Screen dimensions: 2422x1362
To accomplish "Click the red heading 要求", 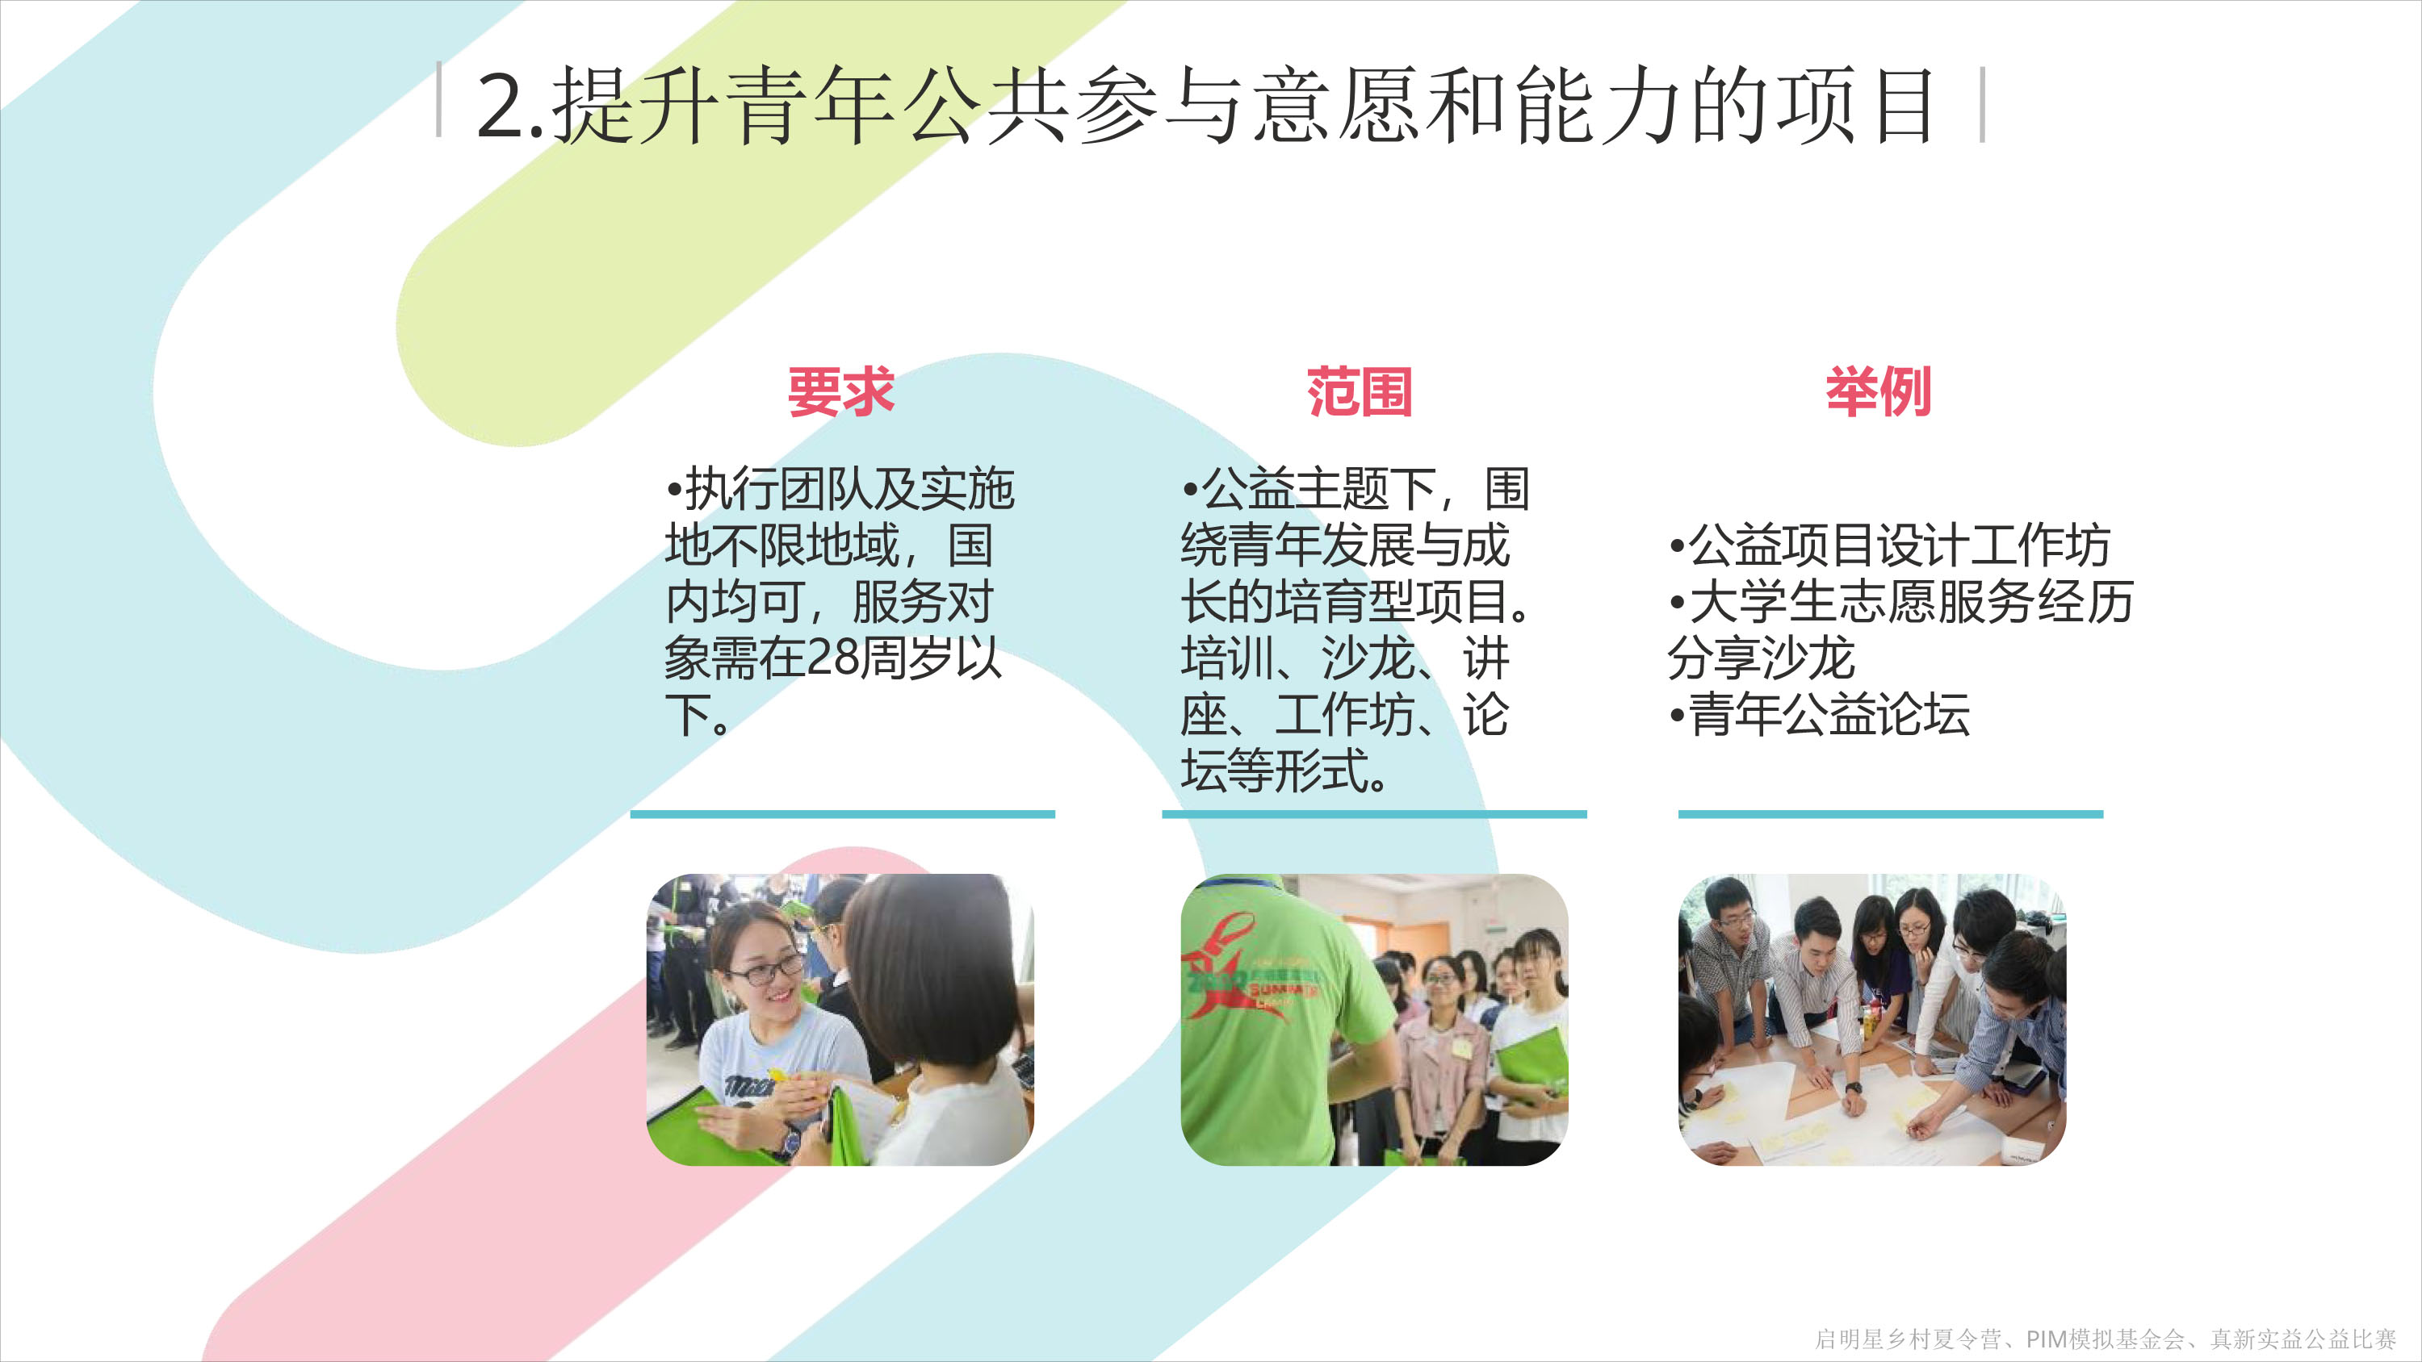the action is [x=840, y=392].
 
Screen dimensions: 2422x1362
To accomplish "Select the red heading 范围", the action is [x=1360, y=392].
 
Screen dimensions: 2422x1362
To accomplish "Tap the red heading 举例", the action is [x=1879, y=392].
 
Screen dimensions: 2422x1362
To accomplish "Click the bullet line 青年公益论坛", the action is [x=1818, y=714].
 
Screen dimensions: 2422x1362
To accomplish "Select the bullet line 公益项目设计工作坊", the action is [x=1890, y=545].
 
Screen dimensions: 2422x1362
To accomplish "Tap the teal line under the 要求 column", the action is [x=842, y=814].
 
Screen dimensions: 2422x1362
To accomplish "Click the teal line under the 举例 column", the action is [x=1891, y=814].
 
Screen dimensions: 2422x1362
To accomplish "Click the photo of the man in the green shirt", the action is [x=1375, y=1020].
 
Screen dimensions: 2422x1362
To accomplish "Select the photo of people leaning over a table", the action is [x=1872, y=1020].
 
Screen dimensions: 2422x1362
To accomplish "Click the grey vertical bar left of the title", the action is [x=439, y=99].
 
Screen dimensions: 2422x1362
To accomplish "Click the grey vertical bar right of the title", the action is [x=1983, y=104].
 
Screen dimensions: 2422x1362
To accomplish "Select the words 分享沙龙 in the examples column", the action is [x=1761, y=658].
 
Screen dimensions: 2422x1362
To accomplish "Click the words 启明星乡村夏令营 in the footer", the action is [x=1908, y=1339].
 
